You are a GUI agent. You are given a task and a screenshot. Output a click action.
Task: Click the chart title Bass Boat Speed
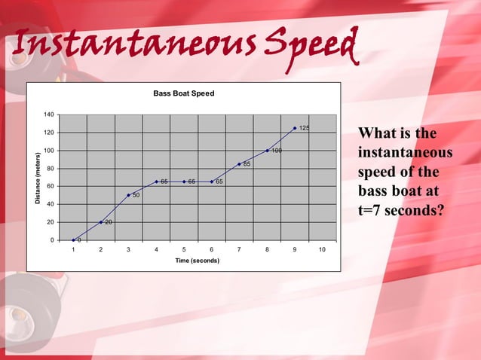tap(184, 93)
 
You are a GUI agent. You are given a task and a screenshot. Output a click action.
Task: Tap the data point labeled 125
tap(295, 128)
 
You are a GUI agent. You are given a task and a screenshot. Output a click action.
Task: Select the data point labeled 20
tap(101, 222)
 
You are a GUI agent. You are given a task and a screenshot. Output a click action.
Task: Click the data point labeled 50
tap(128, 195)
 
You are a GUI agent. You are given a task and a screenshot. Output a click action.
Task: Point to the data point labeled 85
tap(239, 164)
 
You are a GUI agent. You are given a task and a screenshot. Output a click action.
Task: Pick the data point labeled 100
tap(267, 151)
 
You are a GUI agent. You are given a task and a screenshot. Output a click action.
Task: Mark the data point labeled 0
tap(73, 240)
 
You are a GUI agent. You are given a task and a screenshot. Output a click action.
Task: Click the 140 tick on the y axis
tap(48, 114)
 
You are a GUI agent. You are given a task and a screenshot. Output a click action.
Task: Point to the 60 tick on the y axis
tap(50, 186)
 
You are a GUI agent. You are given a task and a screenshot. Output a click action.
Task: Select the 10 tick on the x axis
tap(322, 249)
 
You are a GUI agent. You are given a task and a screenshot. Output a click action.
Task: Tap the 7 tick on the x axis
tap(239, 249)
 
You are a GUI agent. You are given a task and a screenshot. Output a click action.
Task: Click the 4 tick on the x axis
tap(156, 249)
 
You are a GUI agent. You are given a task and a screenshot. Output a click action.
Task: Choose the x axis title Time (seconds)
tap(198, 261)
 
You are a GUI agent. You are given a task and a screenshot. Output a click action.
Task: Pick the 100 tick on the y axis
tap(48, 151)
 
